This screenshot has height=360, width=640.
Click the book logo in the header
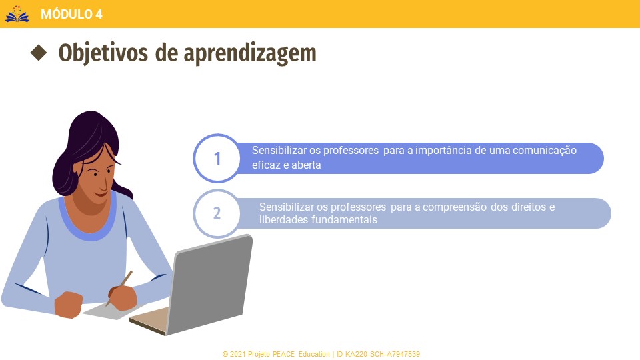(17, 14)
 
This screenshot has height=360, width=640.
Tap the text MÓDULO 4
(71, 14)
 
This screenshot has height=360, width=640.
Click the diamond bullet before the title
(39, 53)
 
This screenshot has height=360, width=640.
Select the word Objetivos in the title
(103, 53)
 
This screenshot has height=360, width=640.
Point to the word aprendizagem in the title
(250, 54)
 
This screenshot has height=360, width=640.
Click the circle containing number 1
(217, 158)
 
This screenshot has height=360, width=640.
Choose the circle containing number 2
(217, 213)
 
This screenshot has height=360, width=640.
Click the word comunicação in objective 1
(545, 151)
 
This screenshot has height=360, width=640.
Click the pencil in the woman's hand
(119, 289)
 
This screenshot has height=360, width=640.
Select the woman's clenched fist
(68, 305)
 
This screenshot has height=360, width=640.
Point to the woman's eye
(95, 174)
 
